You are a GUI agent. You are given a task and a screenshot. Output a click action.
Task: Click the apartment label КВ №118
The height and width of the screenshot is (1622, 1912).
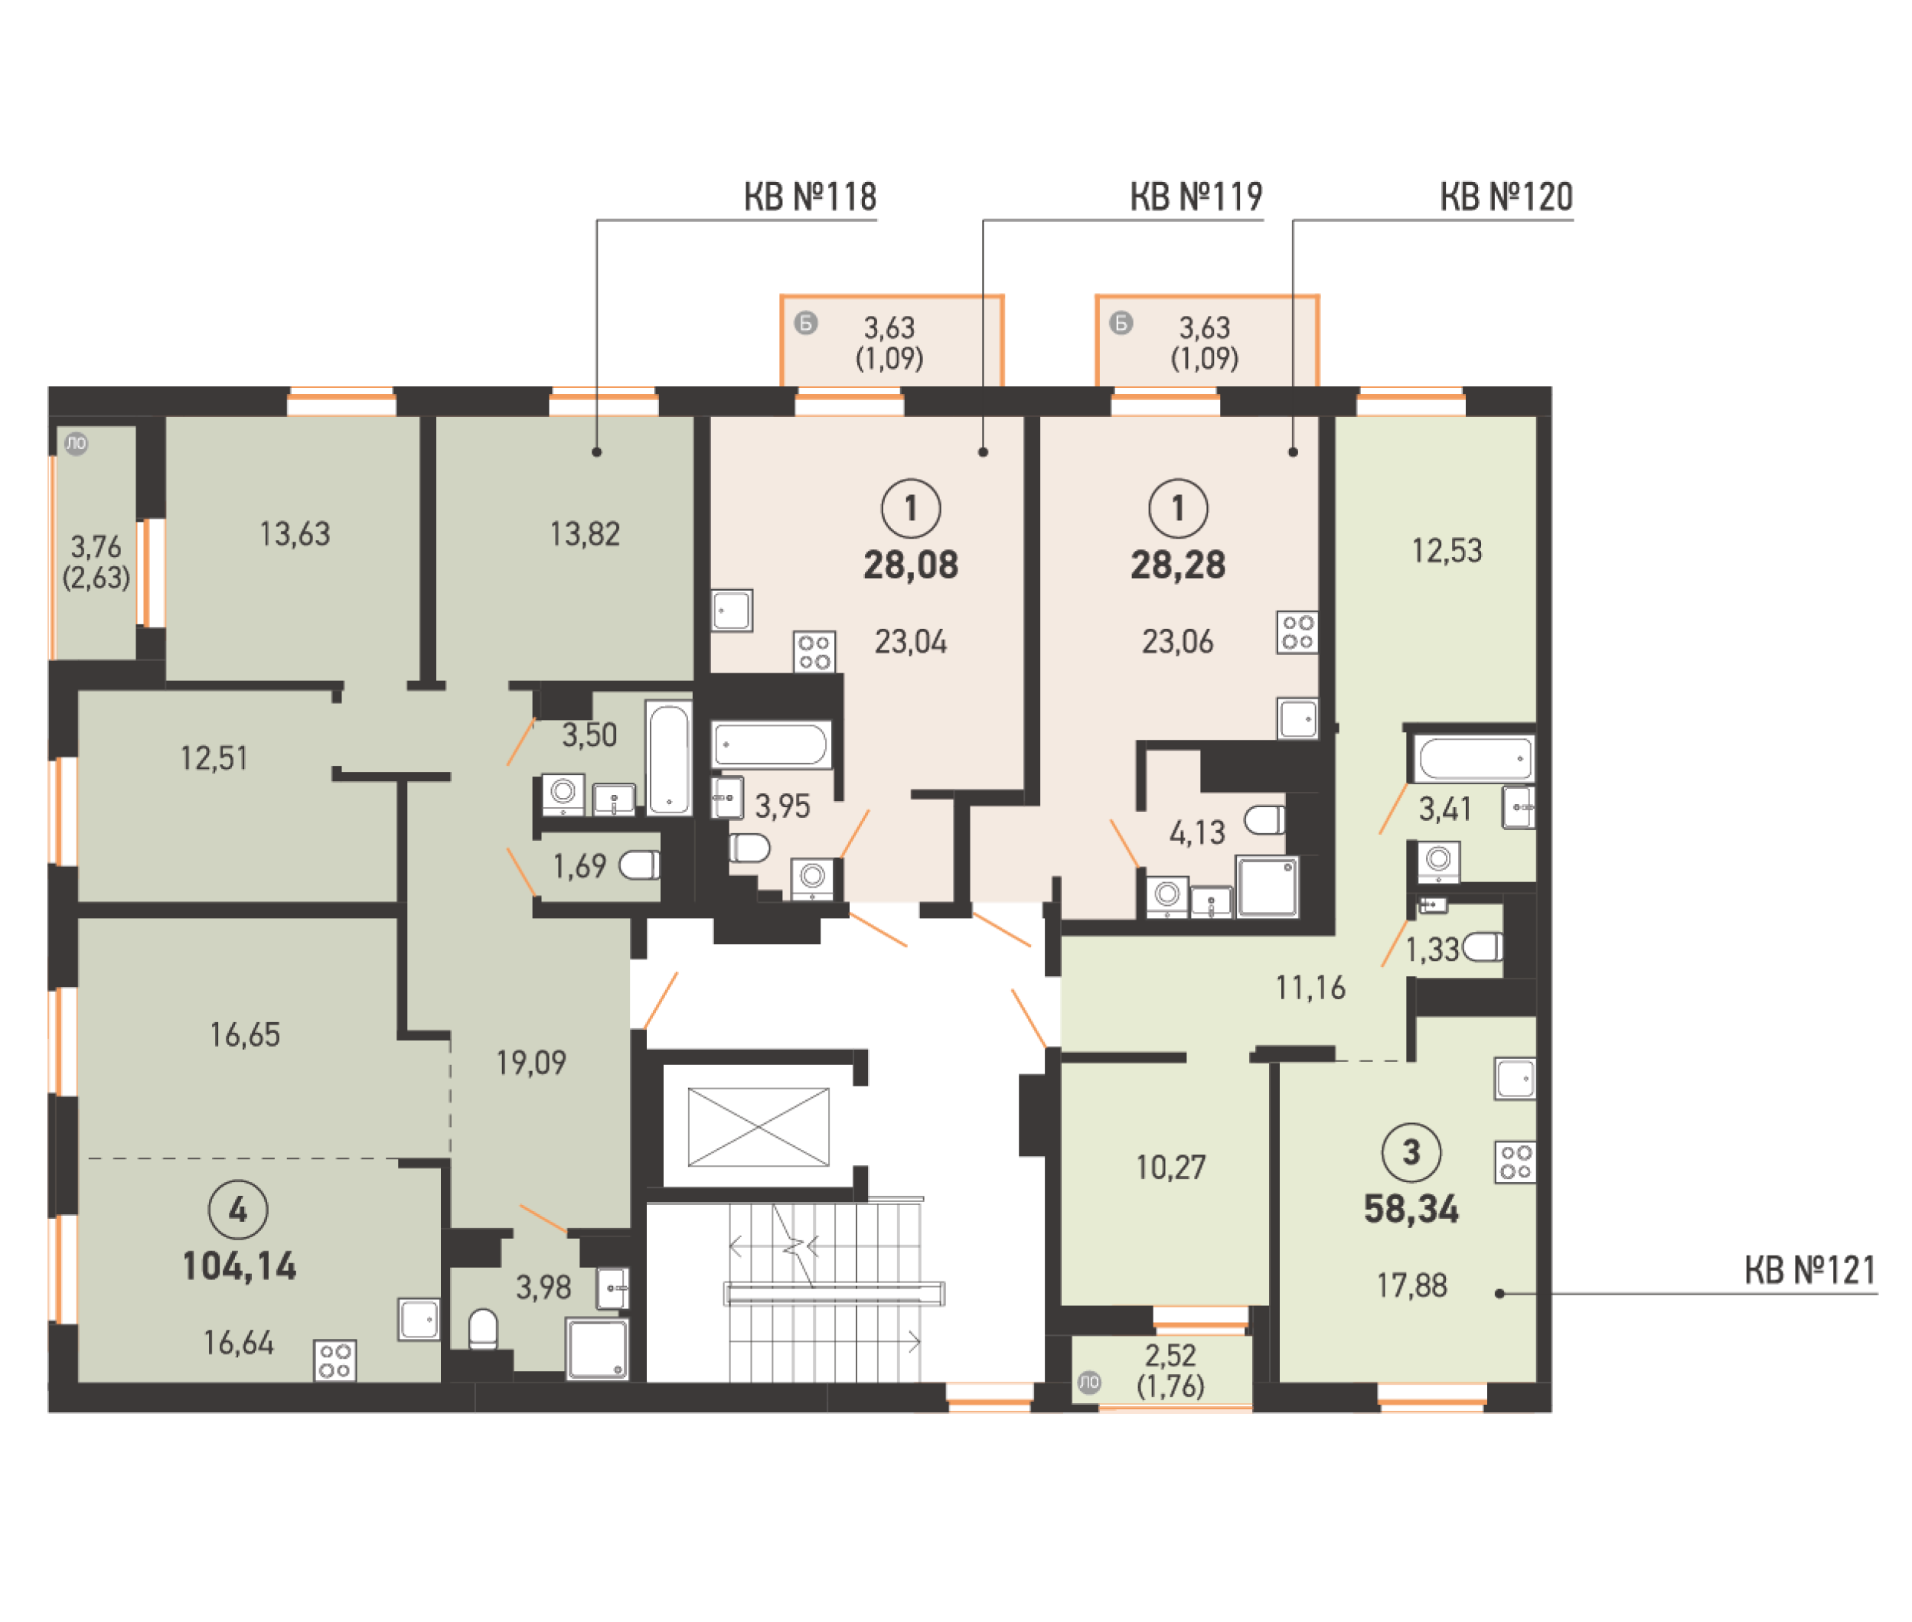[x=809, y=197]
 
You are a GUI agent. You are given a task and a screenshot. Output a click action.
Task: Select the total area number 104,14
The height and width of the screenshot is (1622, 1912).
[x=239, y=1267]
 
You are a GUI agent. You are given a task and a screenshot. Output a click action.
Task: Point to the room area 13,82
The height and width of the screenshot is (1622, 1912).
[x=584, y=534]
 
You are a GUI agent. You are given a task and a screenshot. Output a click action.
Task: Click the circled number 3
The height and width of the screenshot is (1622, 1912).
[x=1411, y=1152]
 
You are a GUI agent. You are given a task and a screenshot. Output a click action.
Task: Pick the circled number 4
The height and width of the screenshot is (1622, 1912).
[x=238, y=1210]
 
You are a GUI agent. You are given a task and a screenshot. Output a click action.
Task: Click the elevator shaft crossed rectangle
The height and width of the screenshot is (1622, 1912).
[x=758, y=1126]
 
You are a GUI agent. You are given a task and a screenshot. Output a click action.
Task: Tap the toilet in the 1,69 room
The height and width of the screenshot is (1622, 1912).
[x=639, y=865]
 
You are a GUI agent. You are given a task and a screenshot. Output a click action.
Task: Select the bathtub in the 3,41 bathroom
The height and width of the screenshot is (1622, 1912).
[x=1473, y=758]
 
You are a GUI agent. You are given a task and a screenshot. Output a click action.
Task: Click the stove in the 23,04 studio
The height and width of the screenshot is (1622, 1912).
[x=814, y=651]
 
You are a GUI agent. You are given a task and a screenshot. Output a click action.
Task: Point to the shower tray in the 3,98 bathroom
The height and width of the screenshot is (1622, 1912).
[x=597, y=1349]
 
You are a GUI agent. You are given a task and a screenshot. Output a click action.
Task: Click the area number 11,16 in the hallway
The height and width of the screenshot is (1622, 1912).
[x=1310, y=988]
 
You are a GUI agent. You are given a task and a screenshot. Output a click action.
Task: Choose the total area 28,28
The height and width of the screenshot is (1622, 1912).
[x=1177, y=565]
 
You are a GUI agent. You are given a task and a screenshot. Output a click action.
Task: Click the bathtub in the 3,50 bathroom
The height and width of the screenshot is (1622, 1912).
[x=669, y=758]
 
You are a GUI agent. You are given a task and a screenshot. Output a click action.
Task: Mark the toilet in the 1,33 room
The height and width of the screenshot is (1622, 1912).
[x=1483, y=946]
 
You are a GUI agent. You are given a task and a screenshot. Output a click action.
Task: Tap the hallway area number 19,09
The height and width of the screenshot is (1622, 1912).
[x=530, y=1063]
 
